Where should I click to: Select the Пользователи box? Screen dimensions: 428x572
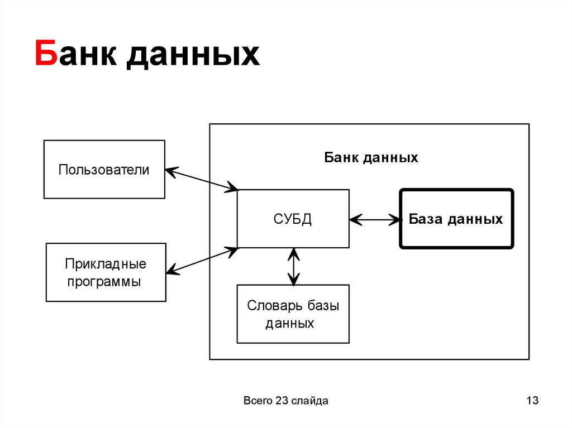click(x=104, y=170)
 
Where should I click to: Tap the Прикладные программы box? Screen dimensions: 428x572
click(x=106, y=272)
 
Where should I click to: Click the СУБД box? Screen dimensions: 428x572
click(x=293, y=219)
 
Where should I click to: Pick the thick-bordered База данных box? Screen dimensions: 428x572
click(x=456, y=219)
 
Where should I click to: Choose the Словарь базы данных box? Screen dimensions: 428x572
click(x=293, y=314)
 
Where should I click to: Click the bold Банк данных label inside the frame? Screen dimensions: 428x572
click(x=371, y=158)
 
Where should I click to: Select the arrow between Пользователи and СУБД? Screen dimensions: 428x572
click(x=202, y=180)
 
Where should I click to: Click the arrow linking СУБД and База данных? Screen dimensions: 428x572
click(x=375, y=219)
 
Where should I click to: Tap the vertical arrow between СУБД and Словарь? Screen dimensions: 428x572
click(x=293, y=266)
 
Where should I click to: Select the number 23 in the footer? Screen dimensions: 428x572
click(x=281, y=401)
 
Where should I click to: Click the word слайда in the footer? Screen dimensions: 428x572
click(x=309, y=401)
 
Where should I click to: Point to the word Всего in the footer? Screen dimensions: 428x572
click(x=258, y=401)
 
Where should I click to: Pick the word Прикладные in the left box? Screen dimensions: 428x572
click(x=106, y=263)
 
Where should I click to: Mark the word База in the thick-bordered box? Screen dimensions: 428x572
click(x=425, y=219)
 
